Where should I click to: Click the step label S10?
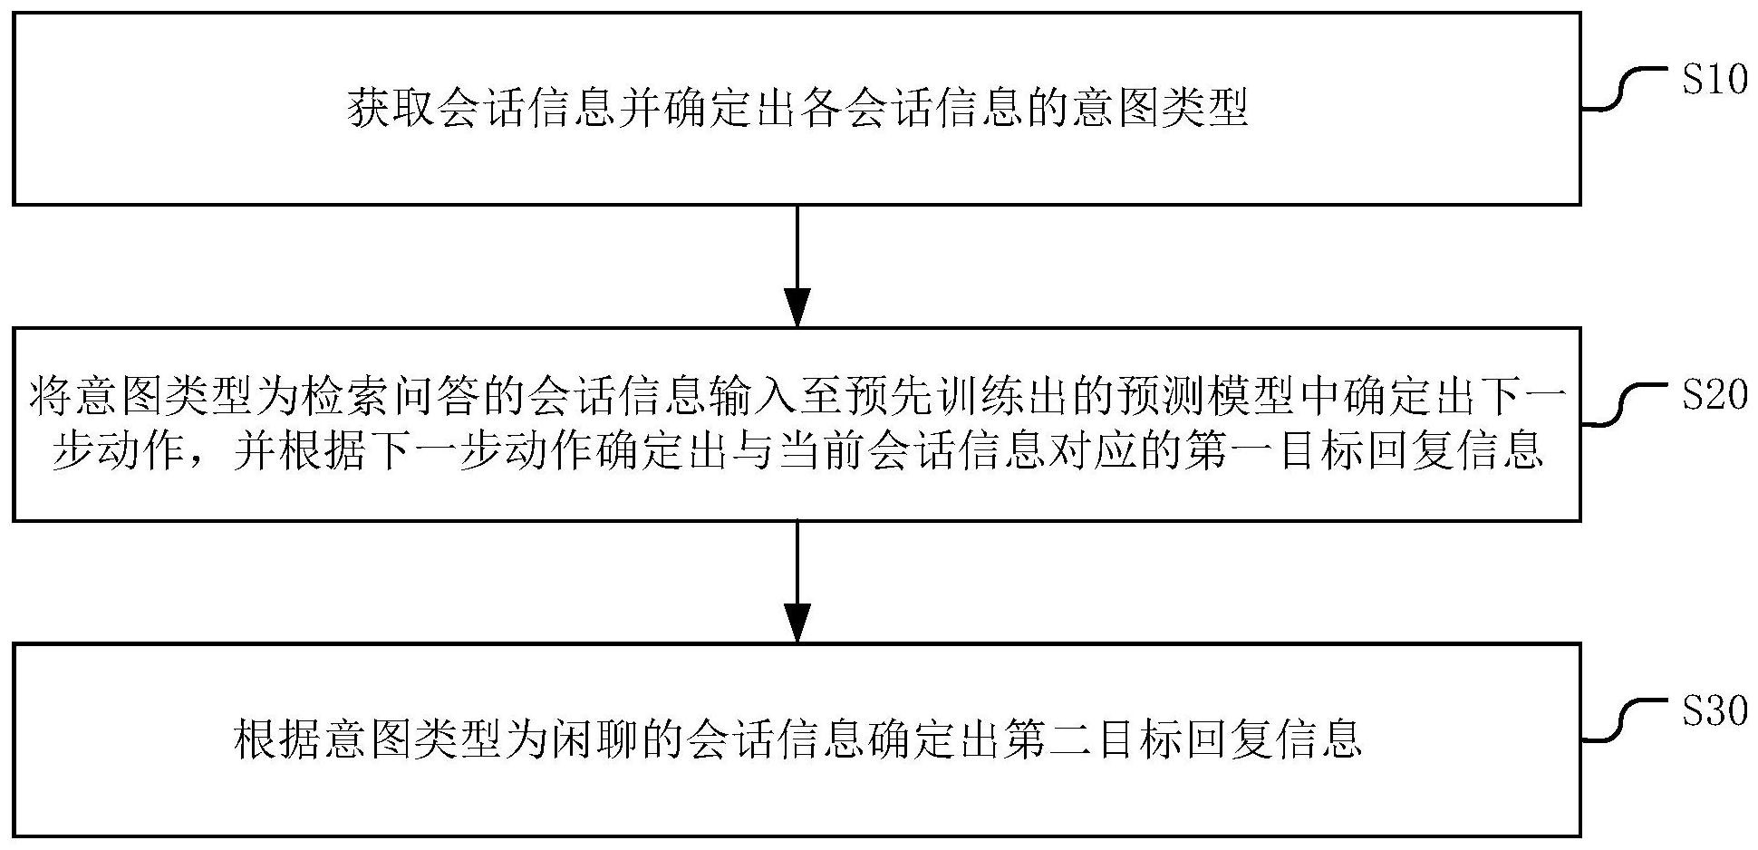pyautogui.click(x=1715, y=81)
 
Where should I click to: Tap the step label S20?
pyautogui.click(x=1715, y=395)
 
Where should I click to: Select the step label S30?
pyautogui.click(x=1715, y=711)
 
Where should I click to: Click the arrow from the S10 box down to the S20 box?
pyautogui.click(x=797, y=266)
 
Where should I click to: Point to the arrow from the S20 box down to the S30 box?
pyautogui.click(x=797, y=582)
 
